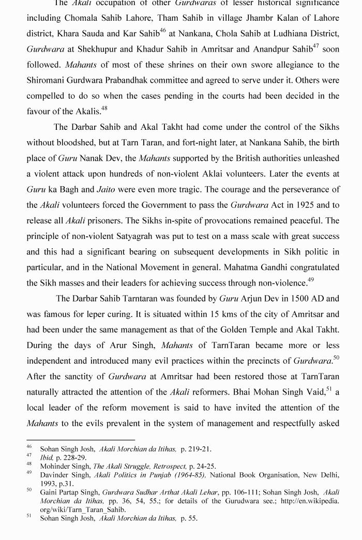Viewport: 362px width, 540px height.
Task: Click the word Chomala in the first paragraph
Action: coord(82,18)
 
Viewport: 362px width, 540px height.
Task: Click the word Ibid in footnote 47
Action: coord(46,458)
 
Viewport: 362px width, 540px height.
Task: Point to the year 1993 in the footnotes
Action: coord(50,484)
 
